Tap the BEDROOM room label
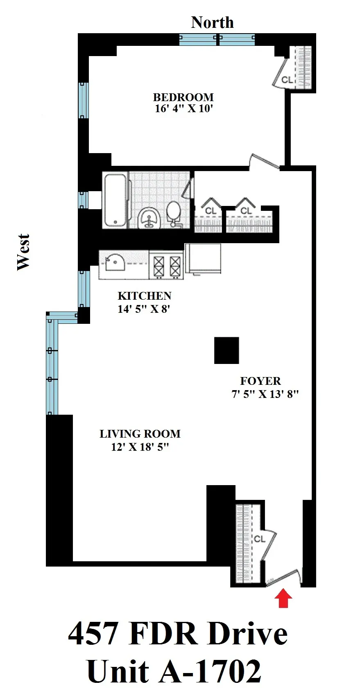pos(183,97)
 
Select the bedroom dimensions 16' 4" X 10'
pos(183,109)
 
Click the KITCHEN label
pos(144,296)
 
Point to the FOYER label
pos(260,381)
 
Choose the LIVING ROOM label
pos(140,434)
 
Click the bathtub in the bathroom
pos(115,200)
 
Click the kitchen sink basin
pos(115,262)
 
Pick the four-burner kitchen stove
pos(166,265)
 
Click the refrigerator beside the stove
pos(203,258)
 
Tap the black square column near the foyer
pos(226,350)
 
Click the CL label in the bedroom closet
pos(287,80)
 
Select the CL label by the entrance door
pos(260,539)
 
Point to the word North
pos(212,23)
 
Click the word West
pos(23,252)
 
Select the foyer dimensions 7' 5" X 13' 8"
pos(265,394)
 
